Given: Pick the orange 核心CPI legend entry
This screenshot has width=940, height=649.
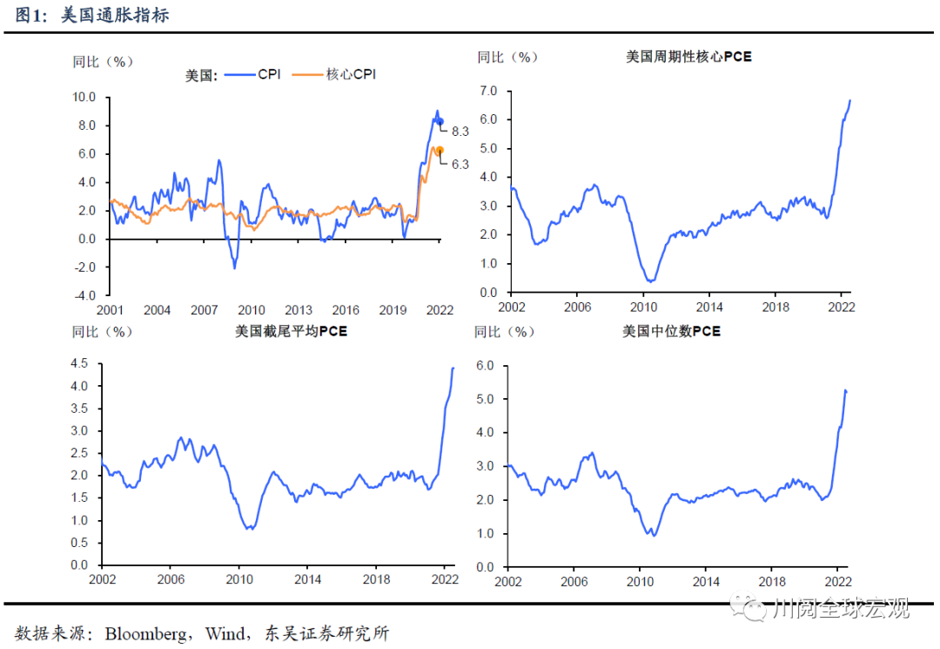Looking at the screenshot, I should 344,75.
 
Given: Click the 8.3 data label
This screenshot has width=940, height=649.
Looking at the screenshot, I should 460,132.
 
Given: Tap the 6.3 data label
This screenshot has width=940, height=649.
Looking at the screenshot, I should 460,164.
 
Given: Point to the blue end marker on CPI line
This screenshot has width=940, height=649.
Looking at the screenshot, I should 440,122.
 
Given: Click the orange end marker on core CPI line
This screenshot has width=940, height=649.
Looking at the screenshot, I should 440,150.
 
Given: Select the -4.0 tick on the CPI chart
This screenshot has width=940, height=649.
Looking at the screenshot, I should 84,295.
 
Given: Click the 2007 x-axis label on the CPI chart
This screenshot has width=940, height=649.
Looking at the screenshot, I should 204,310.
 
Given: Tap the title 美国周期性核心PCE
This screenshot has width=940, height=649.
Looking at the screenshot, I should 688,57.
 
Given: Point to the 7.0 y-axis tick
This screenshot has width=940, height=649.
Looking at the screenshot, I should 487,91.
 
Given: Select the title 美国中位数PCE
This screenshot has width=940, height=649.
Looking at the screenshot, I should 671,331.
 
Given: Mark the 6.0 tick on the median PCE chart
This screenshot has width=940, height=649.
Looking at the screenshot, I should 487,365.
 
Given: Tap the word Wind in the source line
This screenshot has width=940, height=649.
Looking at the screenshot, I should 225,633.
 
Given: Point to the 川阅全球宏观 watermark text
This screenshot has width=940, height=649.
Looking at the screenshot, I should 841,608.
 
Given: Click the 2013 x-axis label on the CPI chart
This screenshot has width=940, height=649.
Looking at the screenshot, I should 299,310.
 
